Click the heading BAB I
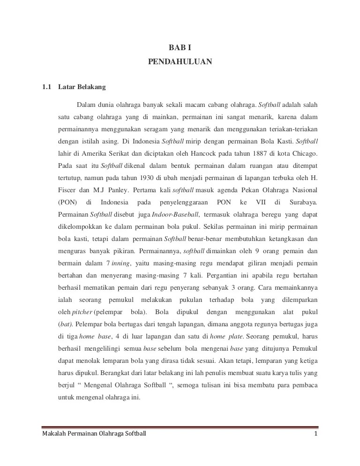(x=180, y=47)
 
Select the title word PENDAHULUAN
(x=180, y=61)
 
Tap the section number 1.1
(x=46, y=87)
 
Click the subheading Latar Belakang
(x=82, y=87)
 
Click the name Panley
(x=117, y=190)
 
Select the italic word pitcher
(x=82, y=312)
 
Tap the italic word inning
(x=120, y=263)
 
